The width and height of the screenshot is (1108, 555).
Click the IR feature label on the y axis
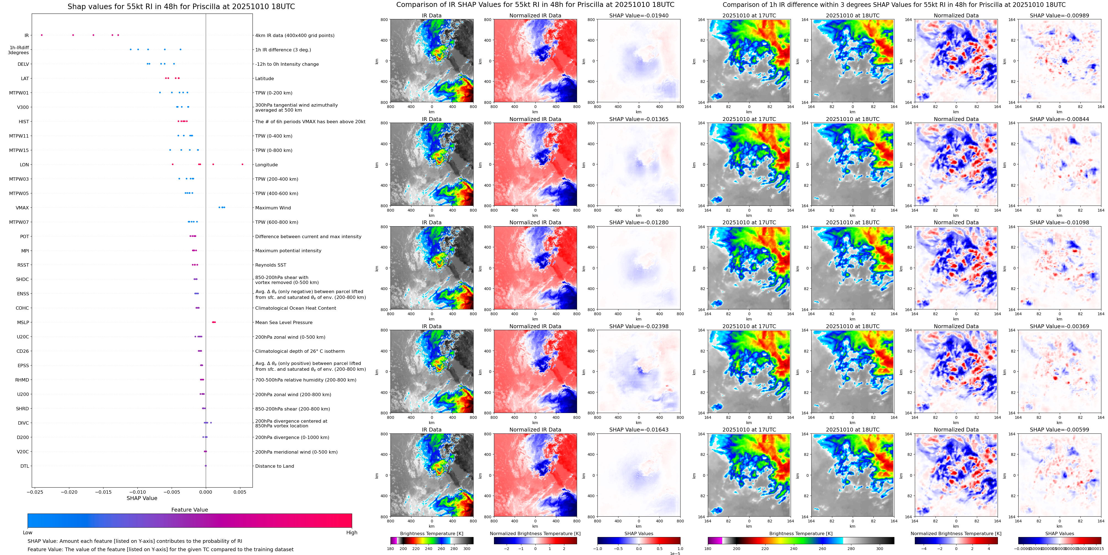tap(27, 35)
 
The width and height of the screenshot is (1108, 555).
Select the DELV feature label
tap(23, 64)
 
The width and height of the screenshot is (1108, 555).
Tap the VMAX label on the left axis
tap(22, 207)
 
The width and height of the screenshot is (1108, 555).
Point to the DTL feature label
tap(25, 466)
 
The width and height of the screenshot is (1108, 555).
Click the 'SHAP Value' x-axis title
tap(142, 498)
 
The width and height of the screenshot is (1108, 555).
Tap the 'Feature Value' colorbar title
tap(190, 510)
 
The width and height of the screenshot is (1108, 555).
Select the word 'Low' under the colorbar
tap(28, 533)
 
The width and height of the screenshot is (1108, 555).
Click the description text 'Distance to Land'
tap(274, 466)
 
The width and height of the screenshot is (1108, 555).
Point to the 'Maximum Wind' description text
tap(273, 207)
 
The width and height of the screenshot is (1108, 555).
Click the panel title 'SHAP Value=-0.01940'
tap(639, 15)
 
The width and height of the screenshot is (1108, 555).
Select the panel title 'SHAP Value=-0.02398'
tap(639, 326)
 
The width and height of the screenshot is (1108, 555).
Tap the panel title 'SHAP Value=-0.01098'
tap(1059, 223)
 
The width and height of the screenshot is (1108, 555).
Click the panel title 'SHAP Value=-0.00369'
tap(1059, 326)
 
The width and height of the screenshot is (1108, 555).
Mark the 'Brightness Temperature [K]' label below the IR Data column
tap(431, 533)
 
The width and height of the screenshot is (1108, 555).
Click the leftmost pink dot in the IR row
tap(42, 35)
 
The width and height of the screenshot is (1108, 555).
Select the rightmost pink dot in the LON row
tap(243, 164)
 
